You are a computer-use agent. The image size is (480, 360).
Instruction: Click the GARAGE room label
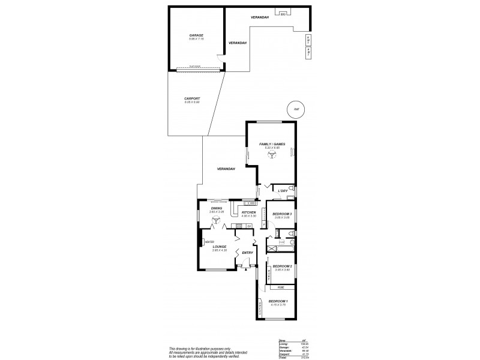(196, 35)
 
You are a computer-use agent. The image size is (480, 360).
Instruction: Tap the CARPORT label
(192, 98)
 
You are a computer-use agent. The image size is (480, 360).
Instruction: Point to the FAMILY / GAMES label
(272, 144)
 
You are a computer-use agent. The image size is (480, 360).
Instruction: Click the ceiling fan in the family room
(272, 154)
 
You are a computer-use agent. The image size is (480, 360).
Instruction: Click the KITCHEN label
(249, 212)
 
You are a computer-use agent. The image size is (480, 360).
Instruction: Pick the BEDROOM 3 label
(281, 214)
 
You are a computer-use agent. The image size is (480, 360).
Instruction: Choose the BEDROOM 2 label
(283, 266)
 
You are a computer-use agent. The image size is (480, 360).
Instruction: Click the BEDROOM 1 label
(278, 301)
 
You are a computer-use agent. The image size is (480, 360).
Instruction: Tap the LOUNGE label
(219, 247)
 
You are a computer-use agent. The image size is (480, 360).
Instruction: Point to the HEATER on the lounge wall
(209, 242)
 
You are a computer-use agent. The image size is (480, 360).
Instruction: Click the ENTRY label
(247, 253)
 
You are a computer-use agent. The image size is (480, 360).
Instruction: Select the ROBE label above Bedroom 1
(280, 287)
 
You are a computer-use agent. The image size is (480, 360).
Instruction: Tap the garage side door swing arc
(223, 58)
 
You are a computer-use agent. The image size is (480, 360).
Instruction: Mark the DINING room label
(216, 208)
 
